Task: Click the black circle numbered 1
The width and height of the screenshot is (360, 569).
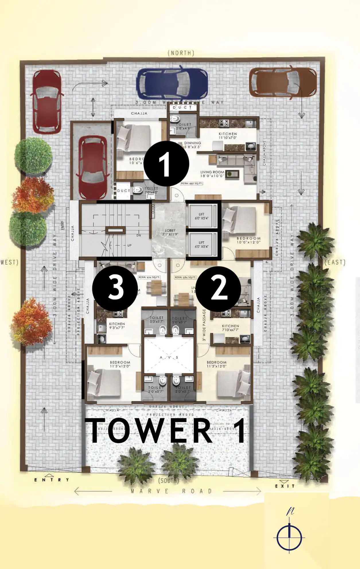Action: (166, 163)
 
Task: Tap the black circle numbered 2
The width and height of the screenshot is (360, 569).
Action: (219, 289)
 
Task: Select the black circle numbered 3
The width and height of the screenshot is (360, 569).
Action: (115, 288)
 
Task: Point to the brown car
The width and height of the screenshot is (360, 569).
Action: (283, 82)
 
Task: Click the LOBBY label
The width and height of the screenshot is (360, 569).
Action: (170, 232)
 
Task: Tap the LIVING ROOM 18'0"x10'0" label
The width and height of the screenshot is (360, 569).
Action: (212, 174)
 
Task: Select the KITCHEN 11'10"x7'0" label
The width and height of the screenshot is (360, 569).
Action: (228, 136)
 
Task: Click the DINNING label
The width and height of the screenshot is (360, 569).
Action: (192, 145)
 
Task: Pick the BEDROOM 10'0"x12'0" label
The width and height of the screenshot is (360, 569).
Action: (248, 240)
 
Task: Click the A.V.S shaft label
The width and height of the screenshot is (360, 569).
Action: (169, 357)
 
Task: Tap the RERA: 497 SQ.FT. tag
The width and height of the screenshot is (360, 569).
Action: (192, 183)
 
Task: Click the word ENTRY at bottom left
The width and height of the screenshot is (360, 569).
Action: (52, 480)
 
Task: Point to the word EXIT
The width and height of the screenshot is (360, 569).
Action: (285, 486)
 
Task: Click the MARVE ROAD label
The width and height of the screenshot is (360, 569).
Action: (171, 491)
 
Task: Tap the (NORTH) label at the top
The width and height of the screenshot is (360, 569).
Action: (181, 53)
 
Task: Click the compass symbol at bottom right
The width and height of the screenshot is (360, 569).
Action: (289, 537)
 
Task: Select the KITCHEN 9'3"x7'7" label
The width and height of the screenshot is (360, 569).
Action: (117, 326)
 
